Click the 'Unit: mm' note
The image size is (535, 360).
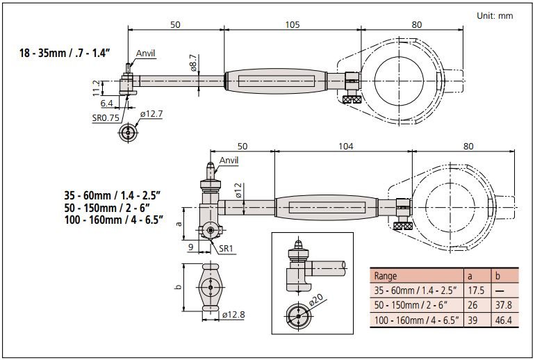(494, 15)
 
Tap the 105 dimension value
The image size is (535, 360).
(292, 24)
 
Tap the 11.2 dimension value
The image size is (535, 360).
(95, 88)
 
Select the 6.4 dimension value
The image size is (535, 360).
(107, 103)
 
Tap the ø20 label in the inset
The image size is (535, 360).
(315, 301)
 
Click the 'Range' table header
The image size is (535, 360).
(386, 276)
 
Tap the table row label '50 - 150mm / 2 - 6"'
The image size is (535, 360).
(411, 305)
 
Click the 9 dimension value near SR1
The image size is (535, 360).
(190, 246)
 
